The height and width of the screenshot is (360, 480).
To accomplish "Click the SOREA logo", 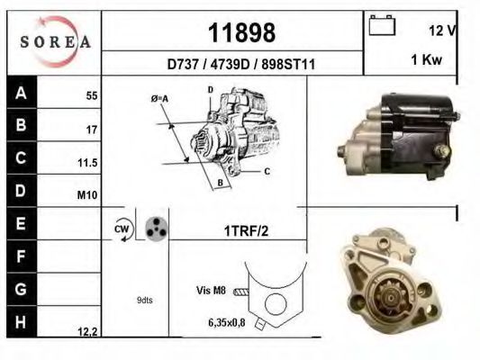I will (55, 41).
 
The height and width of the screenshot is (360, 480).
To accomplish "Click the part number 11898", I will (240, 33).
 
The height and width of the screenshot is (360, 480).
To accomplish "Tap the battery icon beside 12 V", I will (382, 27).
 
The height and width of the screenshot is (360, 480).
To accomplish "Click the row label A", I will (21, 92).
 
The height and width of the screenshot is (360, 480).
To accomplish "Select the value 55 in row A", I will (91, 94).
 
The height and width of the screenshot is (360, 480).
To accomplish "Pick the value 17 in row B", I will (91, 130).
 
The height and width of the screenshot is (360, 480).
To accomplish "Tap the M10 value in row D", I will (89, 195).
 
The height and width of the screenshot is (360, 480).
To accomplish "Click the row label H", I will (21, 319).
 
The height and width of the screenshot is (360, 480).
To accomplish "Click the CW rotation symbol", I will (123, 230).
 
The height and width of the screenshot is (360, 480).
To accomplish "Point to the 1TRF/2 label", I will (246, 231).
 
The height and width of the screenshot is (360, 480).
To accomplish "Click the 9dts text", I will (144, 300).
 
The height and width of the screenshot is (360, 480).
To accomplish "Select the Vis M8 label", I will (210, 290).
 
